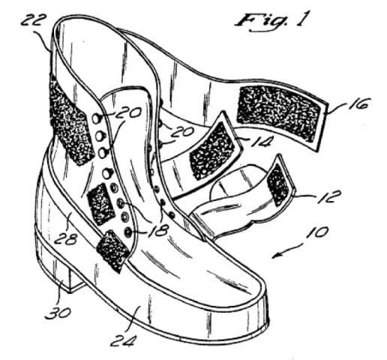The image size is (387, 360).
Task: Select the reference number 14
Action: pos(260,142)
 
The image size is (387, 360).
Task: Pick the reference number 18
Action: pos(157,229)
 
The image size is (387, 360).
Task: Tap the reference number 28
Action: pos(65,239)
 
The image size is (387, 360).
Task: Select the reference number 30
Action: pos(58,313)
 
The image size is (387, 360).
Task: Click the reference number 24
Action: pos(124,340)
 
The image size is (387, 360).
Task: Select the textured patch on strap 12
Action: pos(278,184)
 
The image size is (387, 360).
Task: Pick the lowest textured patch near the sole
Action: pos(113,250)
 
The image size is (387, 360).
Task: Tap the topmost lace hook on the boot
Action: pos(96,118)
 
